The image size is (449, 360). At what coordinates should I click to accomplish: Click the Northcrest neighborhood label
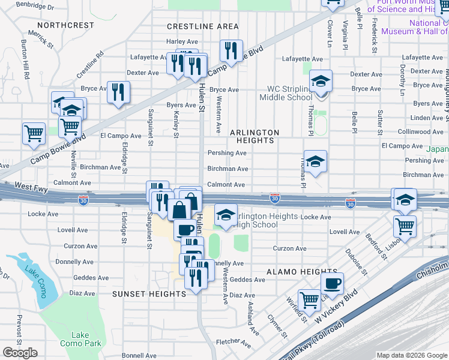[x=65, y=25]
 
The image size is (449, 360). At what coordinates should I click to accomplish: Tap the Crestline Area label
[x=202, y=26]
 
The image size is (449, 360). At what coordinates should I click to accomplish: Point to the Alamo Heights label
[x=294, y=272]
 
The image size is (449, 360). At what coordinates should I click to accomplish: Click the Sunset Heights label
[x=149, y=294]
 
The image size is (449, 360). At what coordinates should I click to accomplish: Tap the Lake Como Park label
[x=80, y=339]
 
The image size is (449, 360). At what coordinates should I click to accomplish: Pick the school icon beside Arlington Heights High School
[x=226, y=215]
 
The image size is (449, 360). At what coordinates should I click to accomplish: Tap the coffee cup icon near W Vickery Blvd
[x=331, y=283]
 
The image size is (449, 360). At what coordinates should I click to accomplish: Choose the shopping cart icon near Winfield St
[x=309, y=299]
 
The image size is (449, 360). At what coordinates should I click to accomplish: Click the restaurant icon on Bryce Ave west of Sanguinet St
[x=118, y=91]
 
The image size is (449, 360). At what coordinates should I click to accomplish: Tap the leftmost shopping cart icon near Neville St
[x=34, y=133]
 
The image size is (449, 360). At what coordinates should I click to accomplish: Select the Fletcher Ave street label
[x=233, y=343]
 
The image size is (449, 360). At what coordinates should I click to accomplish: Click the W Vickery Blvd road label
[x=337, y=310]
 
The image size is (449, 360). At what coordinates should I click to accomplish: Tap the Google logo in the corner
[x=20, y=353]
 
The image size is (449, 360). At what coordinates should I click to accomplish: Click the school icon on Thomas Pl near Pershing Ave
[x=315, y=161]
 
